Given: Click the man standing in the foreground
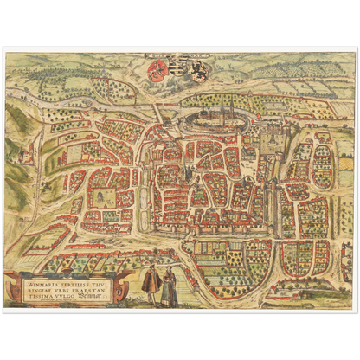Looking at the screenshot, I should click(150, 286).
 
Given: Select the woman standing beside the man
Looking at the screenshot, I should click(168, 286).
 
